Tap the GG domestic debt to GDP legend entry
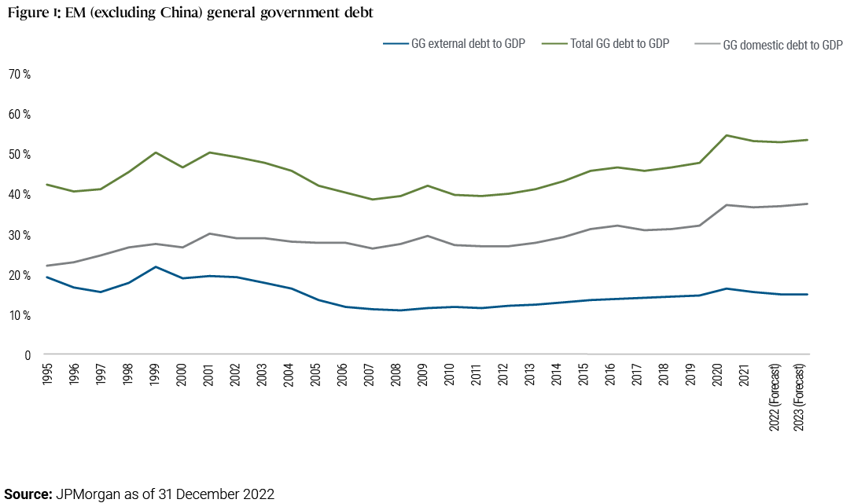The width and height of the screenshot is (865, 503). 782,45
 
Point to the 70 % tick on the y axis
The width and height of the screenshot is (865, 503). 20,74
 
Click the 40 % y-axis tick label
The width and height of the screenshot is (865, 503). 20,195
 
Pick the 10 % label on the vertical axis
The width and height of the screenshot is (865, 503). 20,315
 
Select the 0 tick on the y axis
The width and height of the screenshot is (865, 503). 27,355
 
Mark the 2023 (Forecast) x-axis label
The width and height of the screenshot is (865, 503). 802,397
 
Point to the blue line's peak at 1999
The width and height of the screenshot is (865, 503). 156,267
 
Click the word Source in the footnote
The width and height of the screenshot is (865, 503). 26,494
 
